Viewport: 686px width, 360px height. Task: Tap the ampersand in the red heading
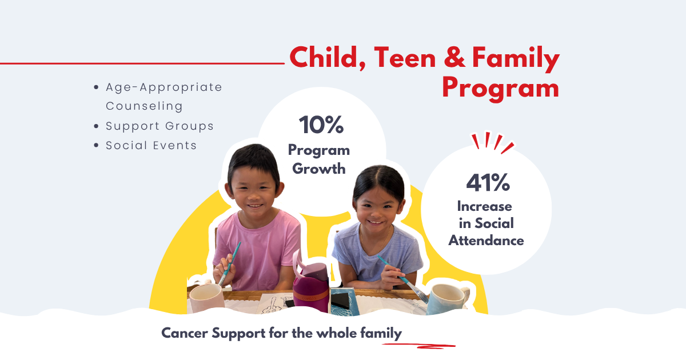(454, 57)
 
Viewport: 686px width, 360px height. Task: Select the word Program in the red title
(500, 88)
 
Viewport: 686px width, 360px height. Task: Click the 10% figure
(321, 125)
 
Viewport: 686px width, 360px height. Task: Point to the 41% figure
(488, 182)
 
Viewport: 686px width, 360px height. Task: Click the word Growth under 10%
(319, 169)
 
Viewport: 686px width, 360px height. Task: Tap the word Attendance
(486, 241)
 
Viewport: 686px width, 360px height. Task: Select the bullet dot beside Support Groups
(96, 126)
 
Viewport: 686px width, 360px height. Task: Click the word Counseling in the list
(144, 106)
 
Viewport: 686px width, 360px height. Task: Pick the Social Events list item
(151, 145)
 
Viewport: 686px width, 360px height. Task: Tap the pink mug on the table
(207, 298)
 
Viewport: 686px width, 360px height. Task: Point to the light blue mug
(448, 299)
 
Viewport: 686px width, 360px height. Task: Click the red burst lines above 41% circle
(492, 142)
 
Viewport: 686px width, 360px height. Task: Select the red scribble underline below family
(418, 346)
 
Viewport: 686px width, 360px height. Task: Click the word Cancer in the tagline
(184, 333)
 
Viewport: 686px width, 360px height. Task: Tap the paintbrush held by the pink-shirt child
(229, 263)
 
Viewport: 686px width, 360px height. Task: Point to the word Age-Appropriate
(164, 87)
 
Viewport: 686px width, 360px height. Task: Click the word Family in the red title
(516, 59)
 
